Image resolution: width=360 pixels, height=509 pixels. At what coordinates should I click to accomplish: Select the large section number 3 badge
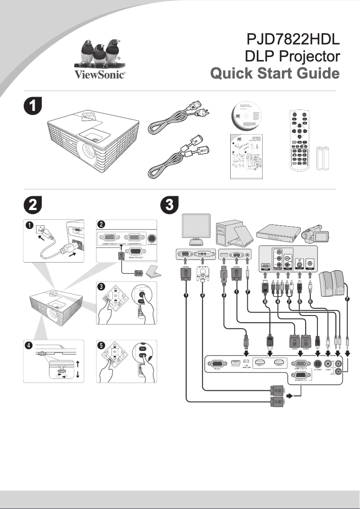[170, 205]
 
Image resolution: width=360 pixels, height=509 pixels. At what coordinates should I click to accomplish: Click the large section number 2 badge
[32, 205]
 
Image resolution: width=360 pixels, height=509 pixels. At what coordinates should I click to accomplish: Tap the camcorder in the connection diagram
[316, 234]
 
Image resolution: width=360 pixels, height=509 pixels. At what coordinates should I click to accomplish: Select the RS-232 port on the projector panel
[215, 364]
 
